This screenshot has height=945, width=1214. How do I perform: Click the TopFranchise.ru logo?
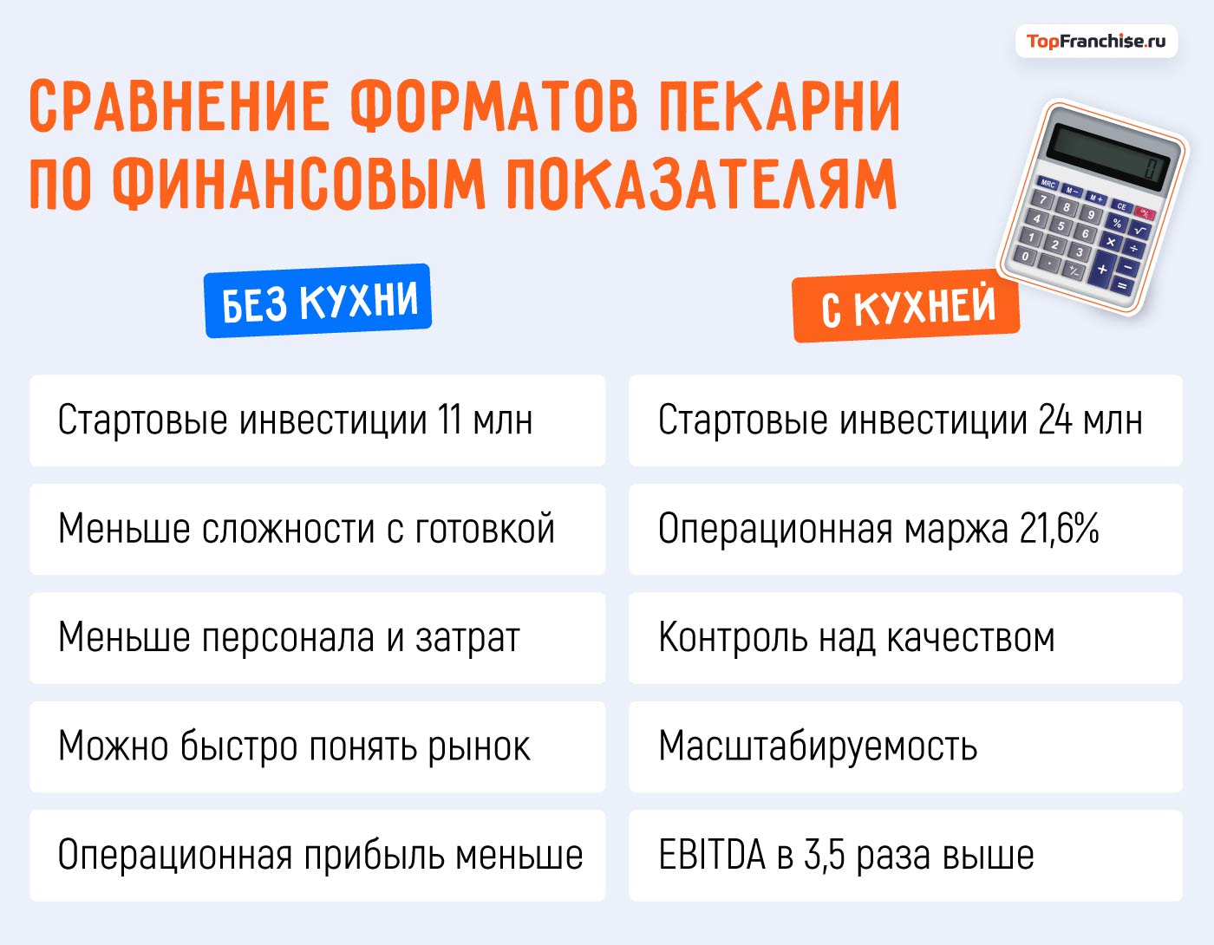click(1096, 41)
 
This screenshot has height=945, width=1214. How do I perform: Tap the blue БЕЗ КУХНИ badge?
click(318, 301)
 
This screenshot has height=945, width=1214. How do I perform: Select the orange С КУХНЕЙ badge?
click(906, 308)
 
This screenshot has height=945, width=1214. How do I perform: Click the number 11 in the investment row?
click(449, 420)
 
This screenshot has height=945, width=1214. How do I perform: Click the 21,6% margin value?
click(1059, 529)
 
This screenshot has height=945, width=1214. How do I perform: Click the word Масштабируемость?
click(818, 746)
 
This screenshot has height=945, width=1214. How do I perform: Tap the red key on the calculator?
click(1145, 213)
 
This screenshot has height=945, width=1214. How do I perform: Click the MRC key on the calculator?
click(1048, 184)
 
